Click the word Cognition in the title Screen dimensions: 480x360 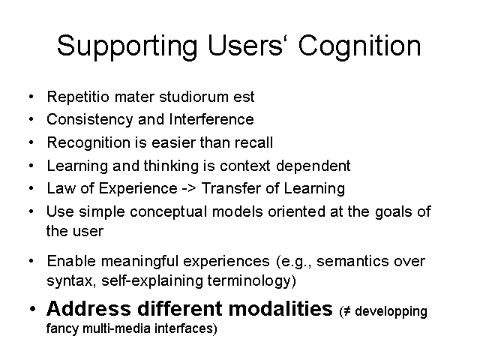coord(360,46)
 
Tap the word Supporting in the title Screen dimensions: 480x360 coord(127,46)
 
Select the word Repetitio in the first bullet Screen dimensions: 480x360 coord(78,97)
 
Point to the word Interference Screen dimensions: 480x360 coord(211,119)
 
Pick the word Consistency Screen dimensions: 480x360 coord(90,120)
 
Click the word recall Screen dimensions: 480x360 coord(253,142)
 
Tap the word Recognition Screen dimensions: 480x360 coord(88,143)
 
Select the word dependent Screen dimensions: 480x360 coord(313,166)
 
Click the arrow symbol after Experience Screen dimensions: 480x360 coord(189,188)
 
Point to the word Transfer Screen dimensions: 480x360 coord(231,188)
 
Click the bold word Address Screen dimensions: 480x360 coord(88,308)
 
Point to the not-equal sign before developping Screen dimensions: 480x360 coord(346,312)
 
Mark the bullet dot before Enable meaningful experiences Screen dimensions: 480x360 coord(31,261)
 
